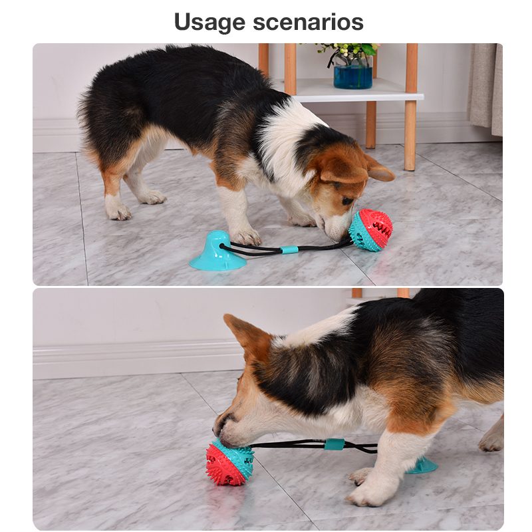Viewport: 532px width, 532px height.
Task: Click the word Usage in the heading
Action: coord(209,23)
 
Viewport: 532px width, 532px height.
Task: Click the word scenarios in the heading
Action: coord(308,22)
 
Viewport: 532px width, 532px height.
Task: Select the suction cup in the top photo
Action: coord(217,251)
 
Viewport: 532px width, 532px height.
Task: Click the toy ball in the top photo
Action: coord(370,229)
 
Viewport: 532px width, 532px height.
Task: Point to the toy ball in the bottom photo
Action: coord(229,462)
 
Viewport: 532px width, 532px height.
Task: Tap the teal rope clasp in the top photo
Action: coord(289,250)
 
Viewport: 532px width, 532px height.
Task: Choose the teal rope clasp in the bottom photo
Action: coord(334,444)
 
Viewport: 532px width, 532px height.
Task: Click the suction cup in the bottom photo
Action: coord(422,465)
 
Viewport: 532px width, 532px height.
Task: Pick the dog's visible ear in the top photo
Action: coord(380,168)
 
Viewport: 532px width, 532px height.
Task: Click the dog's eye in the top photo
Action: coord(346,201)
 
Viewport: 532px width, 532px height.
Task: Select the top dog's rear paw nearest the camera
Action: coord(118,211)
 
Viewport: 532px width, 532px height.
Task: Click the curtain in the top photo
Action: coord(485,89)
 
